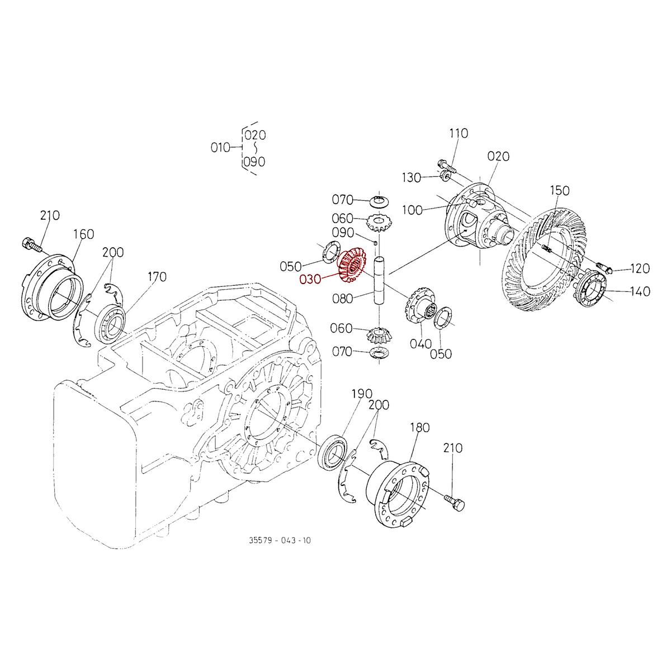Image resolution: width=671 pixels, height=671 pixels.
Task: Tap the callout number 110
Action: click(458, 134)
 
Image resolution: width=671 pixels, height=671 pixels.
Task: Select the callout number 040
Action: click(420, 343)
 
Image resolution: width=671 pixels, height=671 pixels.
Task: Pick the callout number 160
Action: click(84, 234)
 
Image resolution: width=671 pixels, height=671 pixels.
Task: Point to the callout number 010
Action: click(220, 148)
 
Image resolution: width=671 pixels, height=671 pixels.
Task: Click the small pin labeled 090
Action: click(377, 242)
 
